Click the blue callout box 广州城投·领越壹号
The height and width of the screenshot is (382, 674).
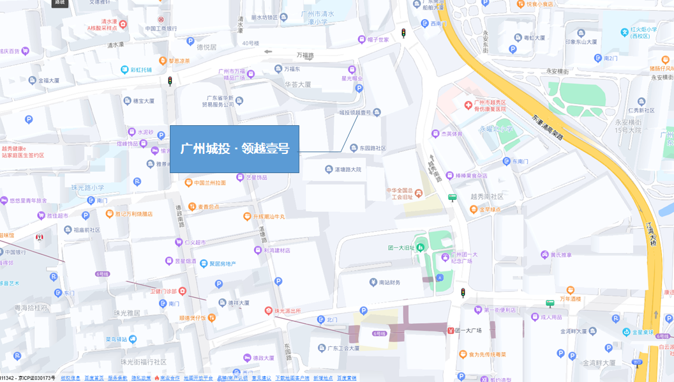coord(234,149)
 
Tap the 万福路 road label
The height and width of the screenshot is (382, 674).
coord(305,56)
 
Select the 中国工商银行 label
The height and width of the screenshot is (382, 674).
coord(161,28)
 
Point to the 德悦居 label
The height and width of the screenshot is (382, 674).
coord(206,47)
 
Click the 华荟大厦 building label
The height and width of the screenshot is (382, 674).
coord(297,84)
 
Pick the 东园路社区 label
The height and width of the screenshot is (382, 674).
coord(372,148)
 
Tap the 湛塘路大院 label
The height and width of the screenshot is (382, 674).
coord(348,170)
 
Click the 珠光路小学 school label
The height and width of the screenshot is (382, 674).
coord(87,188)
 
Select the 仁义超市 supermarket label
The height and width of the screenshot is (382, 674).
coord(195,243)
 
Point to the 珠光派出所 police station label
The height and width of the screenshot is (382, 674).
coord(287,311)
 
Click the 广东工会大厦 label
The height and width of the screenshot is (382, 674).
coord(343,348)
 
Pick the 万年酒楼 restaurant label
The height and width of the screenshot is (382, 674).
coord(571,298)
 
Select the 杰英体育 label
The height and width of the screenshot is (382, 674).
coord(451,134)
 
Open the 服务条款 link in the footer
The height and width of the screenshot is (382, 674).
coord(117,378)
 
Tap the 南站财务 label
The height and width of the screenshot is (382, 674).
coord(389,282)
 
